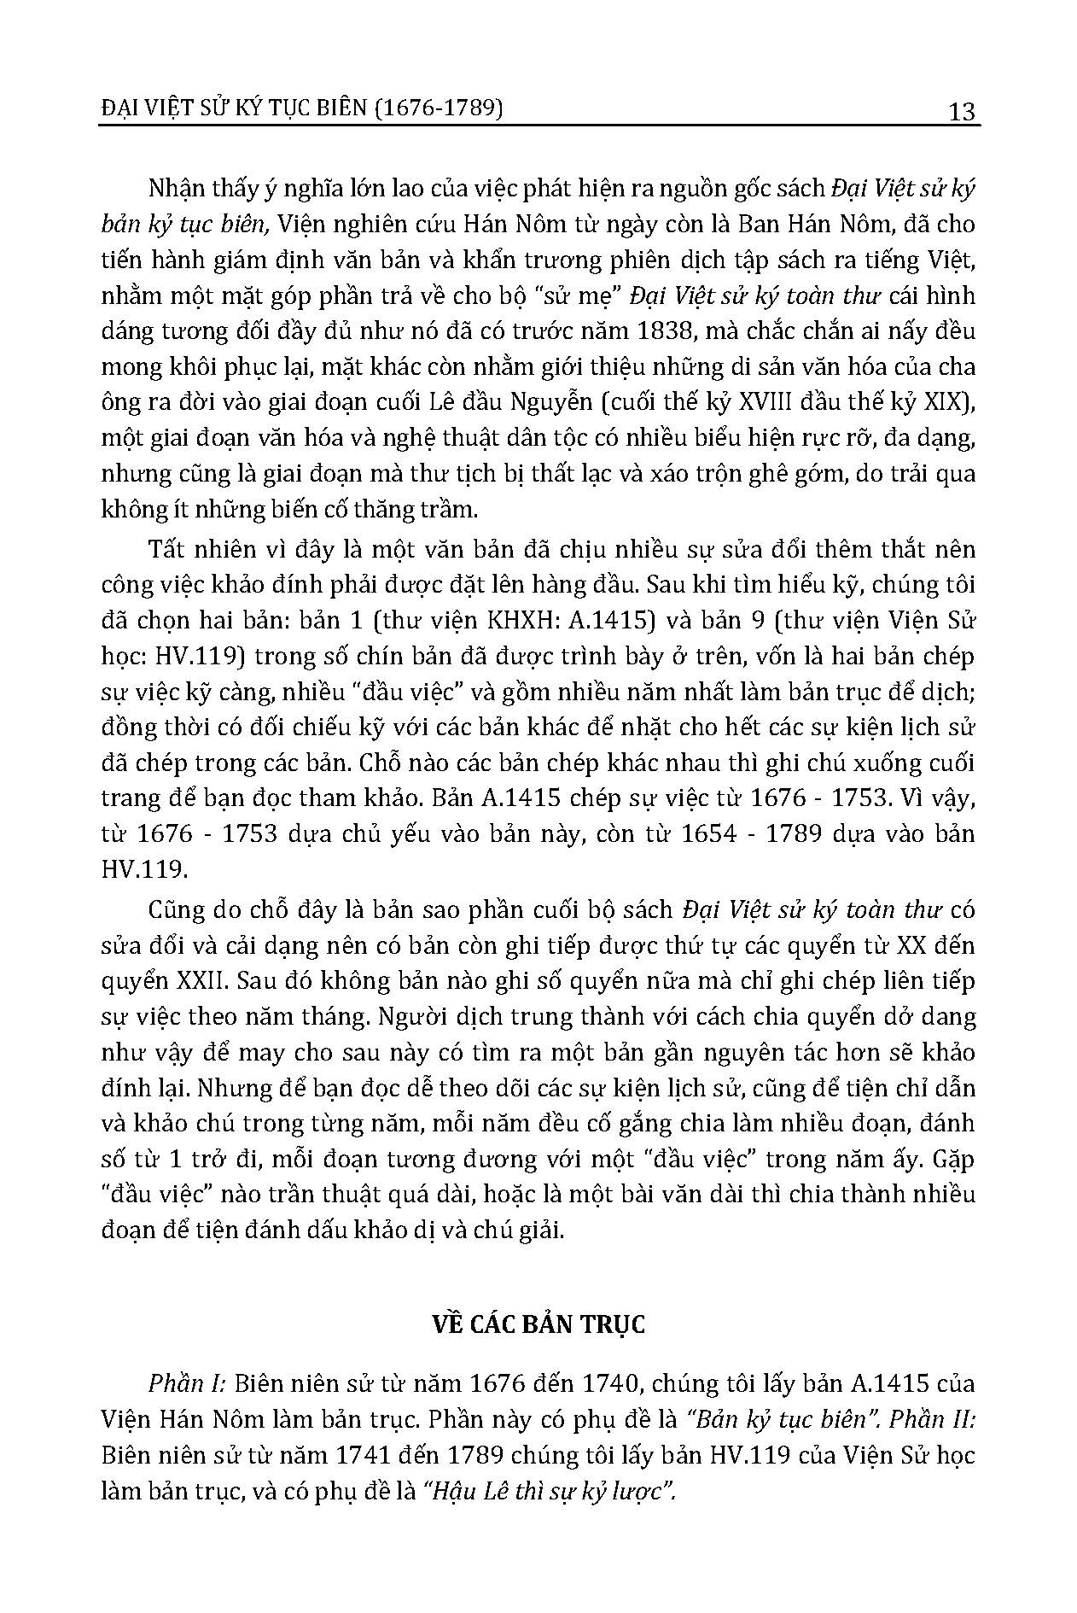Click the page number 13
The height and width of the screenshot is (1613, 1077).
coord(961,111)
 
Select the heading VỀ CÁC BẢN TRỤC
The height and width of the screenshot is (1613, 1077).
coord(538,1324)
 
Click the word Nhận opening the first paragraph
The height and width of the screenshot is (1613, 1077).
coord(176,189)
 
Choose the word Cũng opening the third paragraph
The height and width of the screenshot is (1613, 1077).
coord(177,910)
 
